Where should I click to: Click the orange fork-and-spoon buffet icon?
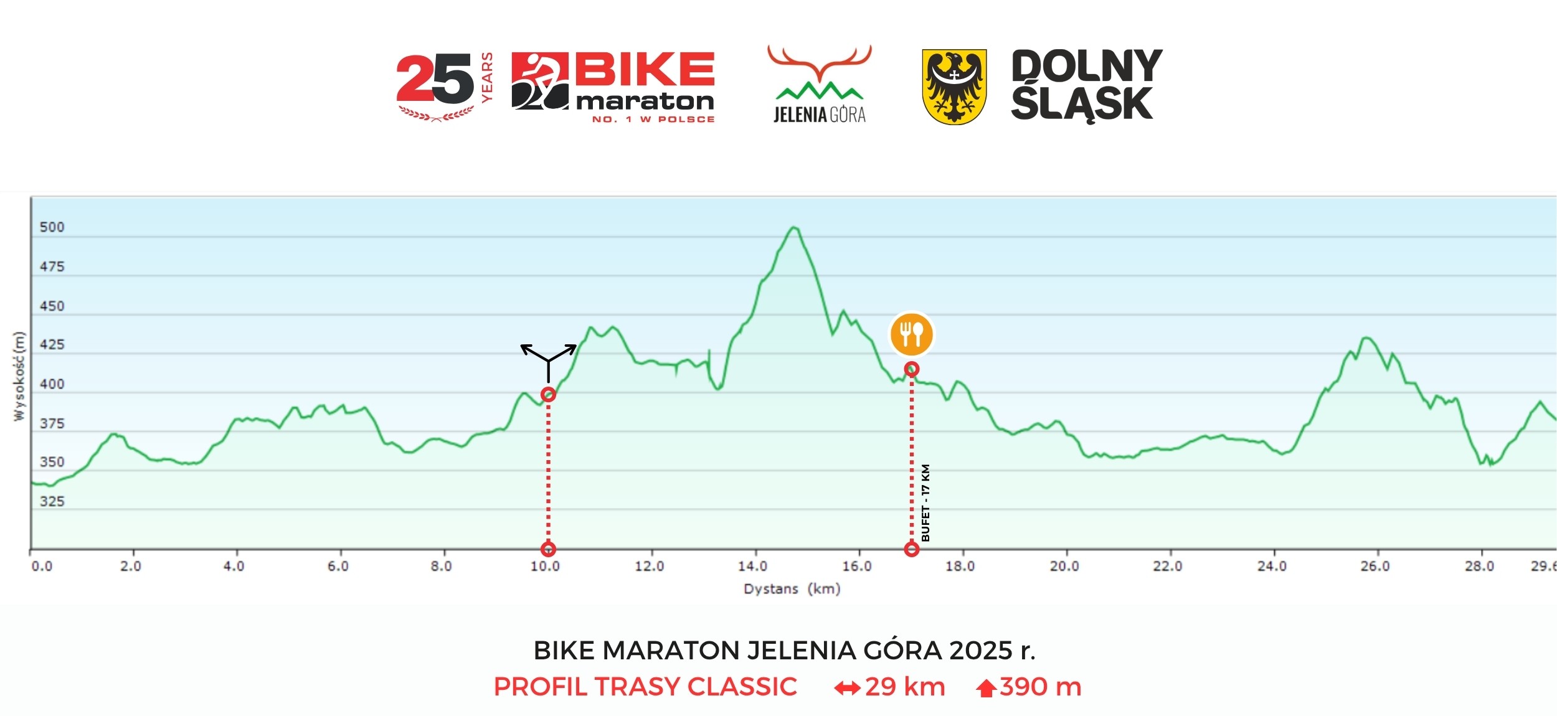911,334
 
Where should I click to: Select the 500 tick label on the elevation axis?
52,227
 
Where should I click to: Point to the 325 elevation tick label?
52,501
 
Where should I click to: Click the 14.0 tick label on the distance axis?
752,566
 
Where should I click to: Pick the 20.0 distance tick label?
1064,566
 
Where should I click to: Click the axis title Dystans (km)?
792,588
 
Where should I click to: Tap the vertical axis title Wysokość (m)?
19,376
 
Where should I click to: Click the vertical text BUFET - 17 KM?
925,502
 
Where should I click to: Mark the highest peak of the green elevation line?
793,227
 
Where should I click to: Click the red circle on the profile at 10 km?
548,394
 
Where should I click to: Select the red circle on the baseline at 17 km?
911,549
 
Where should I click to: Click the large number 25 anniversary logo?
435,80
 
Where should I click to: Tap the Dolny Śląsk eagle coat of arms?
954,87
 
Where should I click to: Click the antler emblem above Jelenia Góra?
819,62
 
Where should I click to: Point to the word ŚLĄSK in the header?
1082,104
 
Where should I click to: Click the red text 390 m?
1040,687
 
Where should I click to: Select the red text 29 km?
904,687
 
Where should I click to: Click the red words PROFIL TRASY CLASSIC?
645,687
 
